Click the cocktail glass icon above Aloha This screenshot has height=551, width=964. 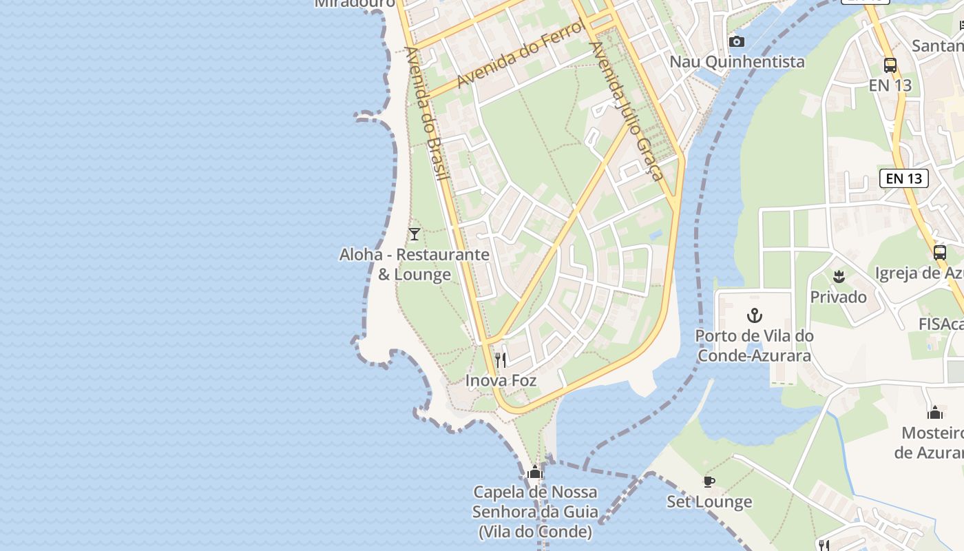click(x=414, y=234)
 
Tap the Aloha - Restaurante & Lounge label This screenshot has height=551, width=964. click(x=414, y=264)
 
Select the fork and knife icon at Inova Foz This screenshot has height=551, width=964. click(x=501, y=360)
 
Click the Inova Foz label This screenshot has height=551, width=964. click(x=501, y=380)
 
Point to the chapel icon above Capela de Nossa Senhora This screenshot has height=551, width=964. click(x=535, y=472)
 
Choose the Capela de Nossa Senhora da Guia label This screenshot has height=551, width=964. click(x=535, y=512)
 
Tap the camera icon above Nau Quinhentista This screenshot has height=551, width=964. click(x=737, y=41)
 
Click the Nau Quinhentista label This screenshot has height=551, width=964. click(x=737, y=61)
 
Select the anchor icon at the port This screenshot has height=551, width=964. click(x=755, y=316)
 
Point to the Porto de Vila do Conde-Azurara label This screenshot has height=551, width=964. click(x=754, y=346)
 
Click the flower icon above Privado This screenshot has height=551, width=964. click(x=838, y=278)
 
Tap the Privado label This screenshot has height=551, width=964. click(x=838, y=297)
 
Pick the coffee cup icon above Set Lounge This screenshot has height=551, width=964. click(x=709, y=481)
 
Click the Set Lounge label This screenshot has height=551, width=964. click(x=709, y=501)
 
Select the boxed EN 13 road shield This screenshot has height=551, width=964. click(x=903, y=178)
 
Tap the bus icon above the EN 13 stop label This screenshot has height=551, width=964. click(x=890, y=65)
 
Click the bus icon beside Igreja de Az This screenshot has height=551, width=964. click(x=940, y=252)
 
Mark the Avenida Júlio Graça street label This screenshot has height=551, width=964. click(x=626, y=110)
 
